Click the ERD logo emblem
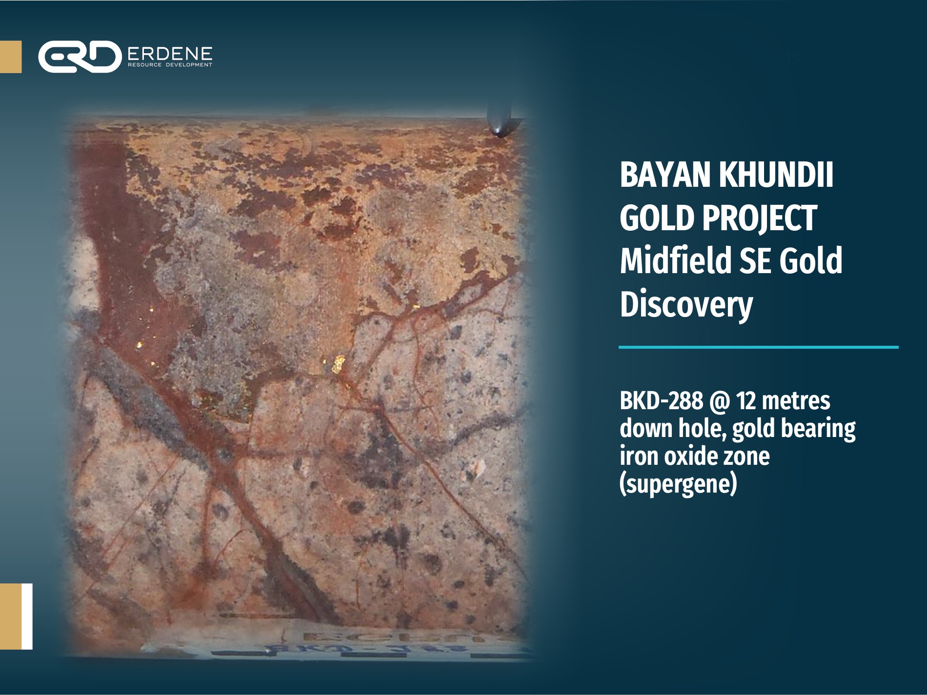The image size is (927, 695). [x=80, y=57]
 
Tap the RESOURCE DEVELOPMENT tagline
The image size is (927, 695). [x=169, y=64]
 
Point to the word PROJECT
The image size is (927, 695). [x=759, y=218]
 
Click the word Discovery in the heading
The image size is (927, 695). [x=686, y=304]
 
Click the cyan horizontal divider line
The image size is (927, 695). [x=758, y=347]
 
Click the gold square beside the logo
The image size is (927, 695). [x=11, y=57]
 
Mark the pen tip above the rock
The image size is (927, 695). [x=498, y=130]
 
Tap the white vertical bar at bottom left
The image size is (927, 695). [x=27, y=616]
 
